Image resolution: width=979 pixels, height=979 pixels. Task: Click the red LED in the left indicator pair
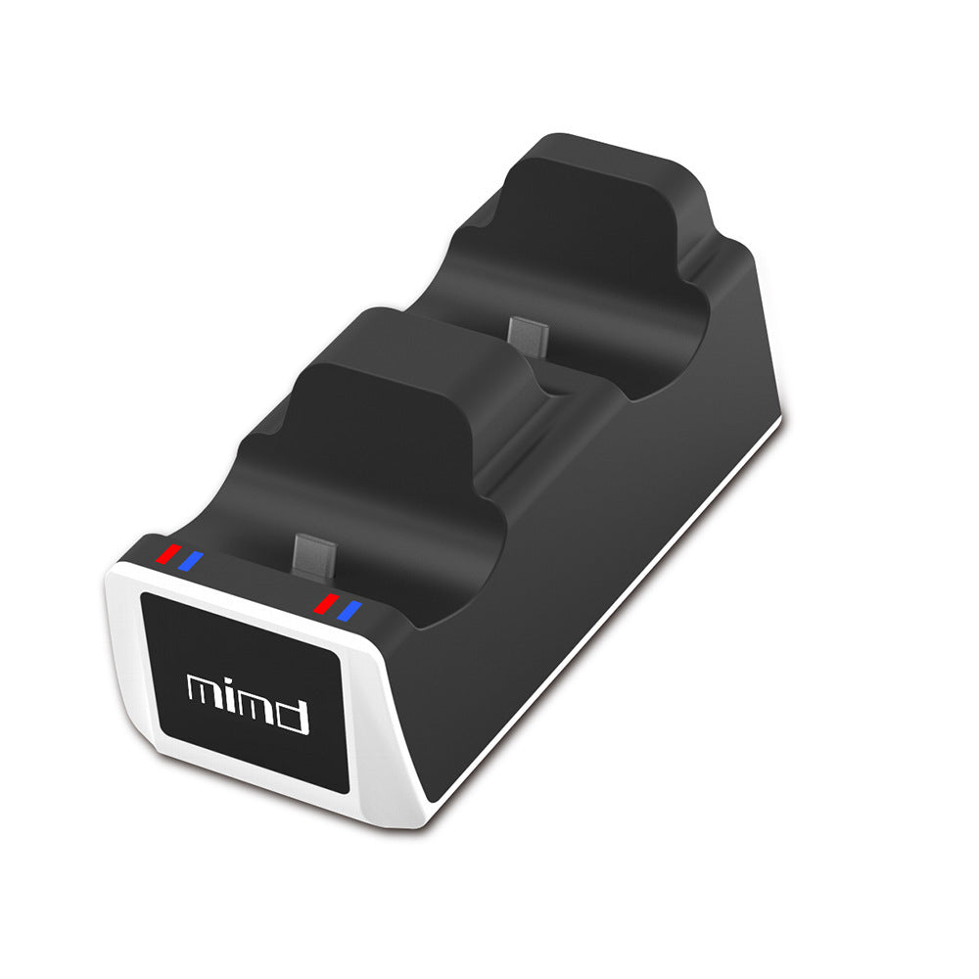pos(172,553)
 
